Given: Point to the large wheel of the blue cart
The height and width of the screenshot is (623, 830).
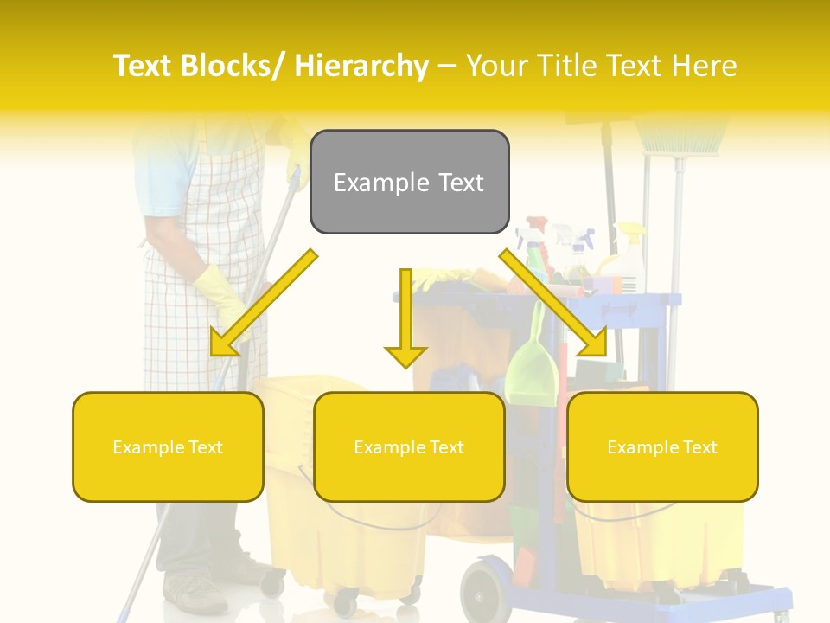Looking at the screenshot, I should tap(485, 592).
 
